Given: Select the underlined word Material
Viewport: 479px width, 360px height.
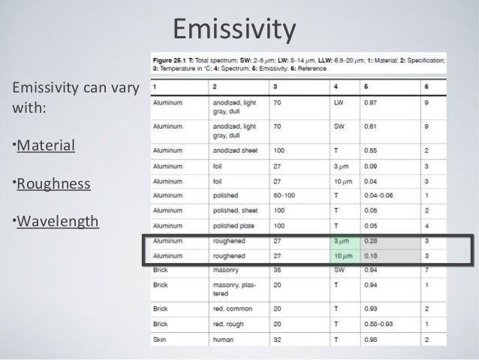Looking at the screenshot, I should (47, 144).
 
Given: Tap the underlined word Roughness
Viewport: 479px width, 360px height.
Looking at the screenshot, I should (54, 183).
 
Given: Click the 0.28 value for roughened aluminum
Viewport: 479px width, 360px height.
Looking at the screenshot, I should (371, 241).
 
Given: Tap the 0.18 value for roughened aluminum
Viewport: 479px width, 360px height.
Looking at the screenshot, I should (371, 256).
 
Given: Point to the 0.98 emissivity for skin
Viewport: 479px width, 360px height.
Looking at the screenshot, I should (371, 340).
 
